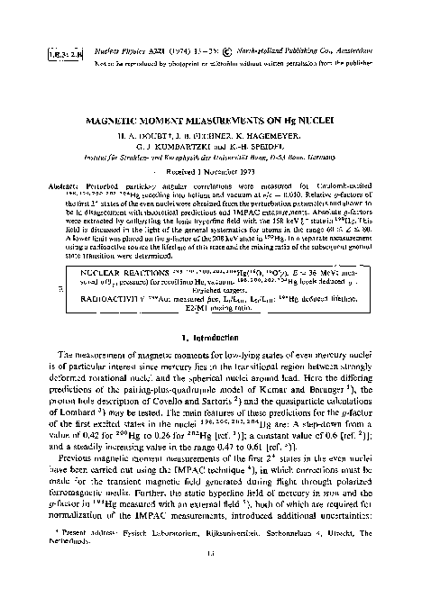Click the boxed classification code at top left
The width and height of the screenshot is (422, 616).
click(x=30, y=30)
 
